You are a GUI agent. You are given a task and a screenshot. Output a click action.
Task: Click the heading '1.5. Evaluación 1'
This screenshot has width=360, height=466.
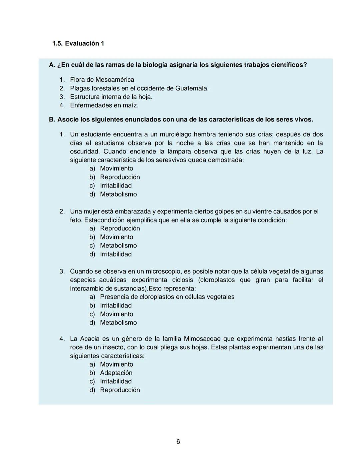tap(78, 43)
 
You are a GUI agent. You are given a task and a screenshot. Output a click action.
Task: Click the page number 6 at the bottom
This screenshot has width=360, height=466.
tap(178, 442)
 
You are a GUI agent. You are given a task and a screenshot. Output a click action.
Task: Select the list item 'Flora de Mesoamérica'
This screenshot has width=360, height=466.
tap(102, 80)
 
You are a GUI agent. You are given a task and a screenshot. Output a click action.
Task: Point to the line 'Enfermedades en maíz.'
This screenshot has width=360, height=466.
tap(104, 105)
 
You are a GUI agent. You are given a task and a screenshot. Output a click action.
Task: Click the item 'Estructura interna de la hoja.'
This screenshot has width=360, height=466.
tap(111, 97)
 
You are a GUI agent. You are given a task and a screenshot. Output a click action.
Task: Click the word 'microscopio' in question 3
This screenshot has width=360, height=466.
tap(163, 272)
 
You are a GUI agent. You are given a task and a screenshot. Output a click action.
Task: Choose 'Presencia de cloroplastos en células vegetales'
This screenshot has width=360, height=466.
tap(167, 297)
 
